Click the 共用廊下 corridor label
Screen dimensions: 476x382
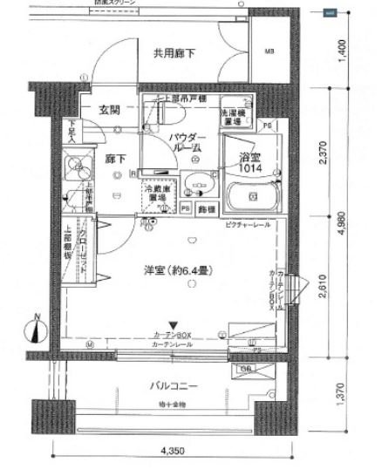coord(174,54)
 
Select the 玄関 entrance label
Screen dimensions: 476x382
coord(109,111)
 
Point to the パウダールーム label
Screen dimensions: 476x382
coord(186,143)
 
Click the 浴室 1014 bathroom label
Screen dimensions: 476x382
coord(250,161)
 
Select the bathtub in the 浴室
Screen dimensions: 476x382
coord(252,194)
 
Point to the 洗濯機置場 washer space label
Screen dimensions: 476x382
coord(235,117)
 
